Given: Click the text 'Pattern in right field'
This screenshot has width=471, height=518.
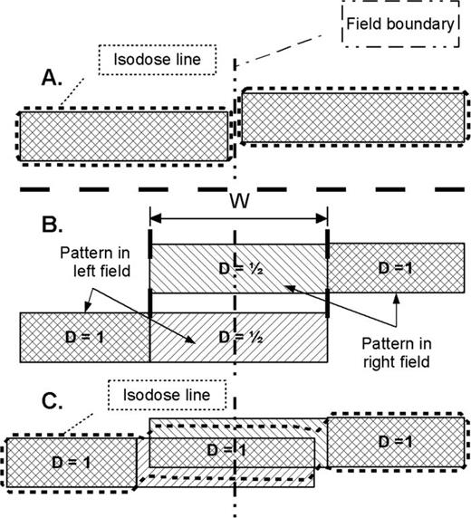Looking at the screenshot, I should pos(395,353).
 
